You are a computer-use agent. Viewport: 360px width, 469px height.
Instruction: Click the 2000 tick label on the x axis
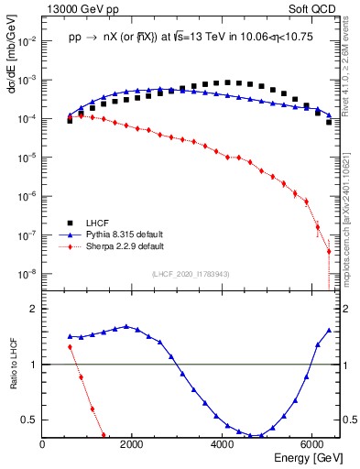tap(133, 444)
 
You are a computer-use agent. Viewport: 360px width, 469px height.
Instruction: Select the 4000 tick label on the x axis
tap(223, 444)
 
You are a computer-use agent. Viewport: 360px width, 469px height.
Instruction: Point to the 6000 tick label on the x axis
tap(312, 444)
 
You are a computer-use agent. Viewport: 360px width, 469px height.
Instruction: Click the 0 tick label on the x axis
tap(43, 444)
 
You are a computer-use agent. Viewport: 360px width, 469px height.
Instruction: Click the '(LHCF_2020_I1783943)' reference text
tap(191, 275)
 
